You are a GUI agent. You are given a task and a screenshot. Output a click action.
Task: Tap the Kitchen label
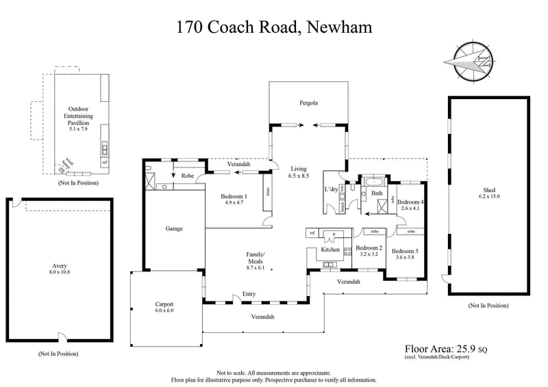tap(331, 250)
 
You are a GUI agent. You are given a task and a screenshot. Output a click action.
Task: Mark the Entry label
tap(240, 295)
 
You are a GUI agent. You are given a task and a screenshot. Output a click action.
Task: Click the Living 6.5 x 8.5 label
tap(299, 172)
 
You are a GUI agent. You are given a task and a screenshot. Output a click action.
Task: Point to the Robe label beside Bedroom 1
tap(186, 176)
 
